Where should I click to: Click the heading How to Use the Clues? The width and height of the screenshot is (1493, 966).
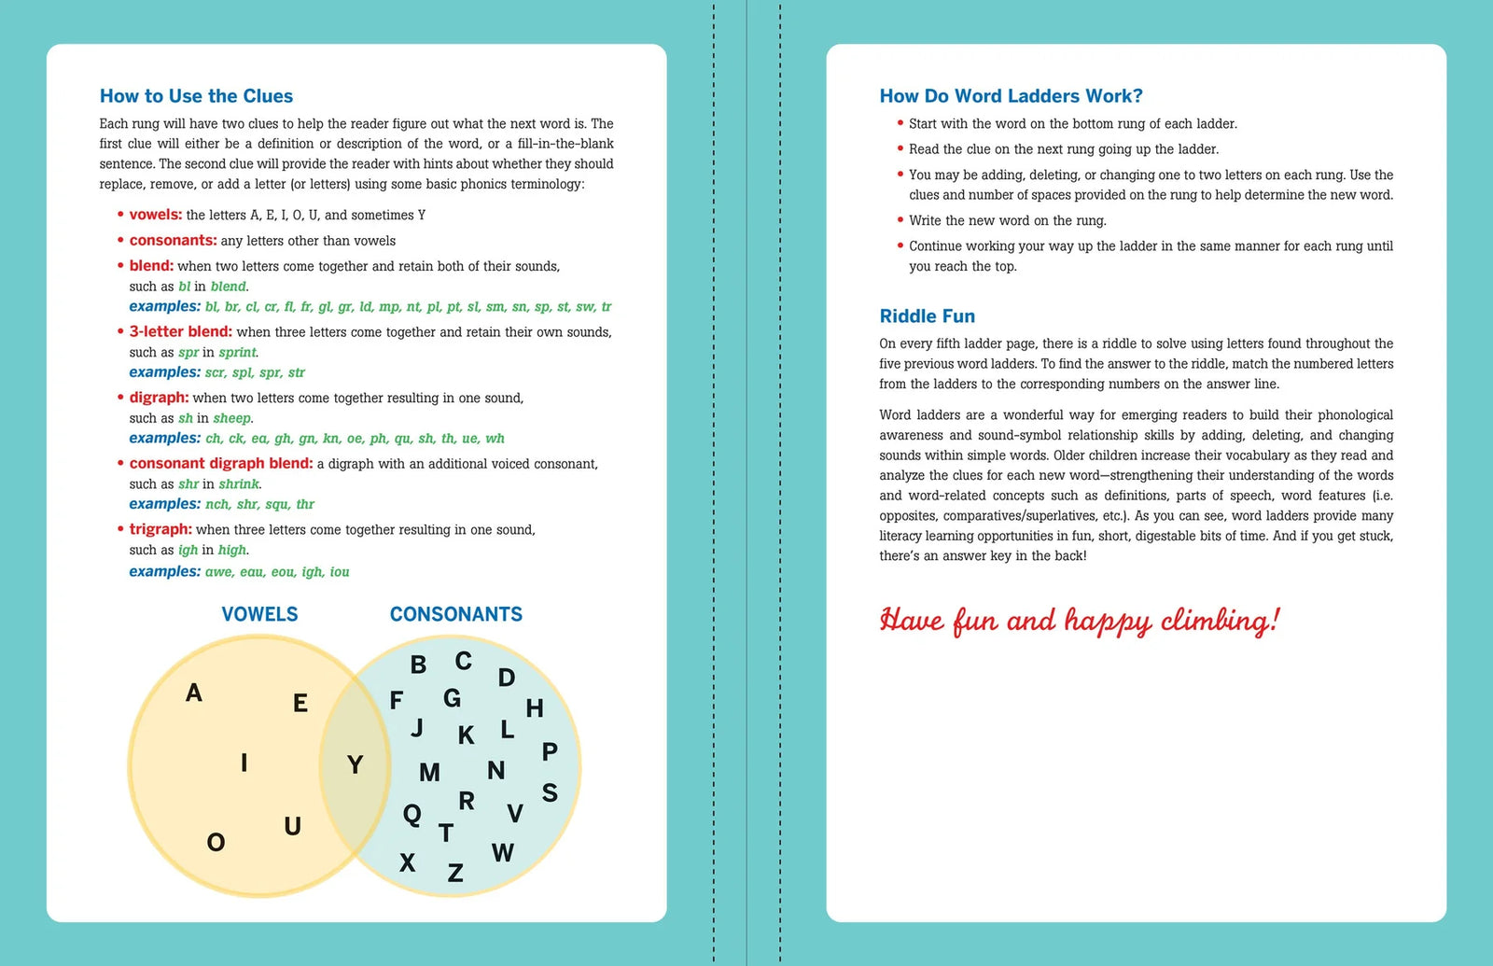[x=196, y=96]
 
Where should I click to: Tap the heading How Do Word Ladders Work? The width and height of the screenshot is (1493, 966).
[x=1011, y=96]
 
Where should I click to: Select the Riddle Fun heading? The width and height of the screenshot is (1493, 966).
[x=927, y=316]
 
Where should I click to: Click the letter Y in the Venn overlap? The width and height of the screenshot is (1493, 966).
[x=355, y=765]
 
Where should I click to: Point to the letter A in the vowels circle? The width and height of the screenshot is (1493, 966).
[x=194, y=693]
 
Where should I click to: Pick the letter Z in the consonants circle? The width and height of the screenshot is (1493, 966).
[x=455, y=873]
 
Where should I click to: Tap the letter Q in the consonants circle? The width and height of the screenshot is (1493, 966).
[x=412, y=815]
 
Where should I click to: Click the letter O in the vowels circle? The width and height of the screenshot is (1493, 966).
[x=216, y=843]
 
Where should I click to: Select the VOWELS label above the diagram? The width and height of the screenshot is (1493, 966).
[x=259, y=614]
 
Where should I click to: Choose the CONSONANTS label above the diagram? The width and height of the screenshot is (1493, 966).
[x=455, y=614]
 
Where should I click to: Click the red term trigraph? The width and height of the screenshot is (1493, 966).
[x=160, y=529]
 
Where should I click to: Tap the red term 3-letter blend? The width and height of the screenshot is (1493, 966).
[x=180, y=331]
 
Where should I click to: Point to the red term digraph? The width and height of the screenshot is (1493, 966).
[x=159, y=398]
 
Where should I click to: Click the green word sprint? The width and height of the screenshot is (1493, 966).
[x=238, y=353]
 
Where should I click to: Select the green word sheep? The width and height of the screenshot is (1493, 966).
[x=231, y=419]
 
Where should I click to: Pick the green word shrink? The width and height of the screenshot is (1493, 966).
[x=239, y=484]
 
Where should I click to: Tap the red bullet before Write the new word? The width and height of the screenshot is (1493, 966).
[x=900, y=220]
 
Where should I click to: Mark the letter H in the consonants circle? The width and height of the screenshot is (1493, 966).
[x=535, y=708]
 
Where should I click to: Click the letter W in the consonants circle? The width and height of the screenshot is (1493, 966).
[x=502, y=852]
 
